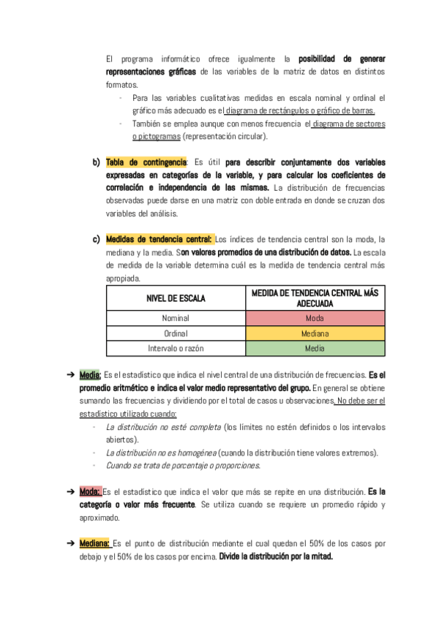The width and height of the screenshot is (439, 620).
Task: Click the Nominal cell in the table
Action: [x=176, y=318]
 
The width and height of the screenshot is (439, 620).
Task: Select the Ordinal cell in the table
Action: [x=176, y=333]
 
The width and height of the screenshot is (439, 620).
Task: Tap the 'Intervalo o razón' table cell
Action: [x=176, y=349]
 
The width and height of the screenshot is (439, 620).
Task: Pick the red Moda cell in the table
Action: [x=315, y=318]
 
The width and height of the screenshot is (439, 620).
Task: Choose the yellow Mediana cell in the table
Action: [x=315, y=333]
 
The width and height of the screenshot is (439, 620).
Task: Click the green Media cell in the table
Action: [x=315, y=349]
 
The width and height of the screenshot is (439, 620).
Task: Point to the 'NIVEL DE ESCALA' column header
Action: [x=176, y=298]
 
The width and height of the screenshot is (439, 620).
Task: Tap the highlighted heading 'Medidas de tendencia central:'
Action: [x=160, y=239]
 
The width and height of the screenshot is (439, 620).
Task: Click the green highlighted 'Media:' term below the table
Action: [x=90, y=375]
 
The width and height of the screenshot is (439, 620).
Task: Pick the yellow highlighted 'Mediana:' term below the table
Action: [x=95, y=543]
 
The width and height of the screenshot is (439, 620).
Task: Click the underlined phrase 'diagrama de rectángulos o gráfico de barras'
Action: [x=300, y=110]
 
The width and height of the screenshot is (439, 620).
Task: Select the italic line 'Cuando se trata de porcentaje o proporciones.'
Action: [x=183, y=466]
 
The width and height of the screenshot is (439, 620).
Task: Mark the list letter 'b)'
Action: [x=96, y=162]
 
